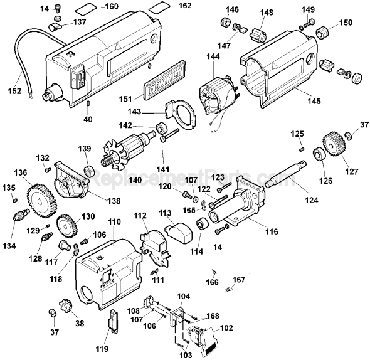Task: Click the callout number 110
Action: click(x=114, y=222)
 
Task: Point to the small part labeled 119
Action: click(x=114, y=320)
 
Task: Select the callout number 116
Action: click(x=272, y=231)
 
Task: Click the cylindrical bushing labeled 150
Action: click(x=324, y=33)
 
